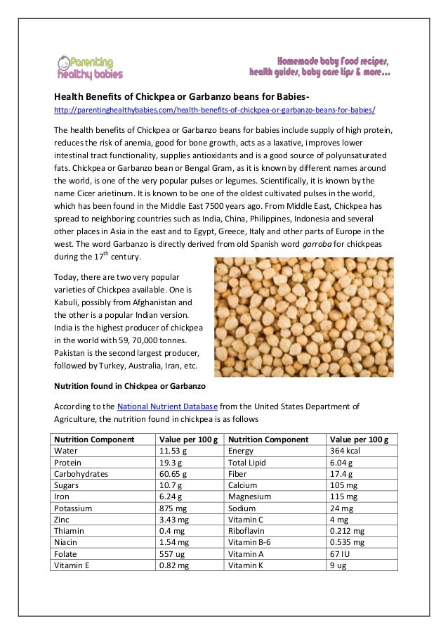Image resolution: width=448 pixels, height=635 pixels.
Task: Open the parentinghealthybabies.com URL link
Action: [215, 110]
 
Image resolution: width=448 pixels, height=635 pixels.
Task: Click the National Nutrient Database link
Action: [168, 406]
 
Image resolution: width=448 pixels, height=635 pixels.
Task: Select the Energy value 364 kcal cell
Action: [345, 451]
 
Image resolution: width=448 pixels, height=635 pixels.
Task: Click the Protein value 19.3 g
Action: [171, 463]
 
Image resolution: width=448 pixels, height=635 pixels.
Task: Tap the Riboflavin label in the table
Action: [247, 531]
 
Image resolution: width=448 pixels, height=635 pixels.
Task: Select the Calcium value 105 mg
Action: [344, 485]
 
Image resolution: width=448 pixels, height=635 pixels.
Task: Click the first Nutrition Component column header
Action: [94, 440]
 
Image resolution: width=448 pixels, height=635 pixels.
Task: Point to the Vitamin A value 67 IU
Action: [341, 553]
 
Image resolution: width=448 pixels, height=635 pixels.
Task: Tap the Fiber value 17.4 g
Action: [341, 474]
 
